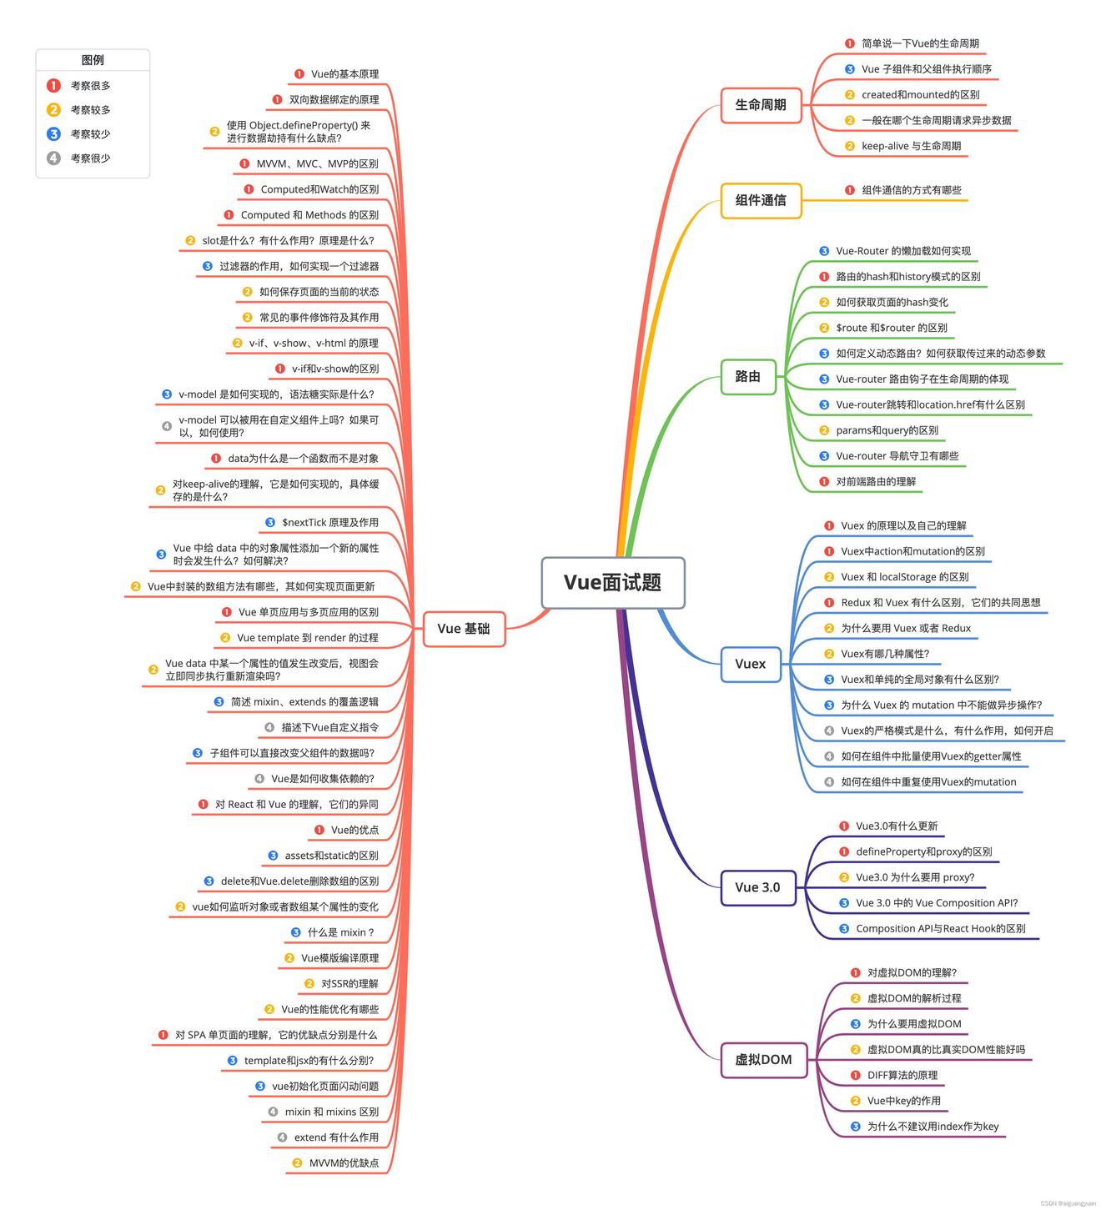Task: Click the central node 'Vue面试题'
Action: coord(613,582)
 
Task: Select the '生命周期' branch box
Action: coord(761,105)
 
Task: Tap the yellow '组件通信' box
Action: coord(761,200)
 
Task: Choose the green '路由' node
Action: coord(748,376)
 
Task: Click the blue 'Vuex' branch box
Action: coord(751,664)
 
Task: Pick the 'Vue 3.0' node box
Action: coord(757,887)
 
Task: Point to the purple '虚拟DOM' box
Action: coord(763,1060)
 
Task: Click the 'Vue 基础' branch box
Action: coord(464,629)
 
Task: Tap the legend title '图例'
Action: coord(93,60)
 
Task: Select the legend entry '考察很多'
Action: coord(90,85)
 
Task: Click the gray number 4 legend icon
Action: coord(53,158)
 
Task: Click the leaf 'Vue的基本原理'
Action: coord(344,74)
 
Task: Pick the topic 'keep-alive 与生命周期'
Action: coord(911,146)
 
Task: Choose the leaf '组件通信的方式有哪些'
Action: coord(911,190)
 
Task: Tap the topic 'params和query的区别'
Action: coord(887,430)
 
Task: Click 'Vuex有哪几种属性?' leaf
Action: coord(884,654)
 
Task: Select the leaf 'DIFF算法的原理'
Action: coord(902,1075)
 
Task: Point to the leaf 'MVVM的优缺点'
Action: coord(344,1162)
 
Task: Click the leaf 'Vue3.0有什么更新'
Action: coord(897,826)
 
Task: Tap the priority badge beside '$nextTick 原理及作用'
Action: coord(270,522)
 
